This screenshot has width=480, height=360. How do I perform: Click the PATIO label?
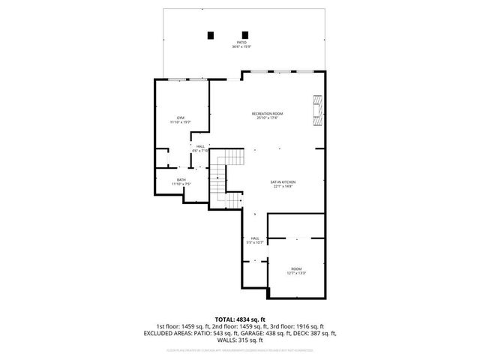241,43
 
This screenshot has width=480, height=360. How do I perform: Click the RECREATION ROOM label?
268,113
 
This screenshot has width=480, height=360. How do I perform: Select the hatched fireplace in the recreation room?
318,111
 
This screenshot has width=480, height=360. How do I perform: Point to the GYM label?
181,118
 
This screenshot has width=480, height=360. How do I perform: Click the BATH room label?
181,179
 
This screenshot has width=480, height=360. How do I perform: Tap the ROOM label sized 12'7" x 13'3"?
296,268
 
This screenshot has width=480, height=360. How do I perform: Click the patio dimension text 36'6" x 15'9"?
241,47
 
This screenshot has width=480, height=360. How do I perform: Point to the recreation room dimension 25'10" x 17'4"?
268,118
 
